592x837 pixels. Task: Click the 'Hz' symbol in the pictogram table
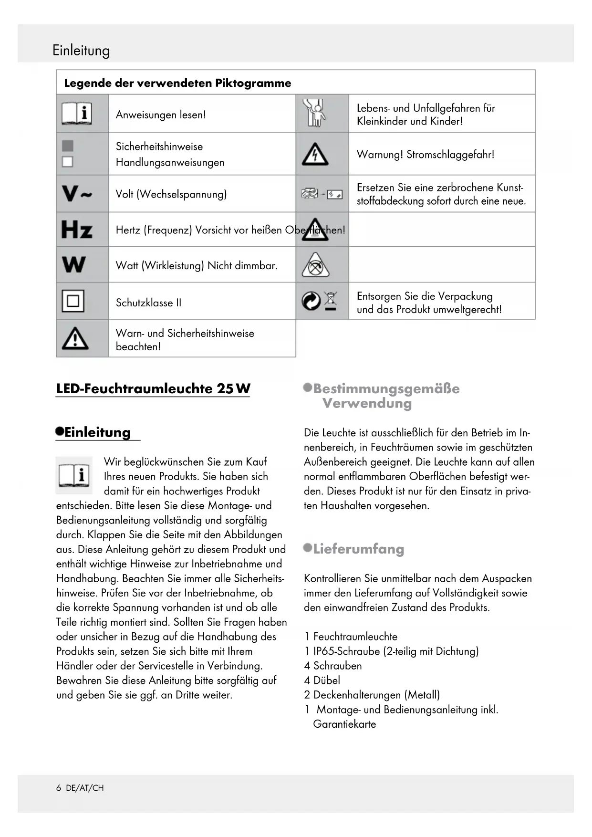coord(77,230)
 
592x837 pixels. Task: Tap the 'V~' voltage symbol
coord(77,194)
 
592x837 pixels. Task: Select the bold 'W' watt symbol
coord(74,265)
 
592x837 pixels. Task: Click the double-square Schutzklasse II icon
coord(73,301)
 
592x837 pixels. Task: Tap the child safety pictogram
coord(315,113)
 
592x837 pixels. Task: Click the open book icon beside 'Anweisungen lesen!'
coord(77,114)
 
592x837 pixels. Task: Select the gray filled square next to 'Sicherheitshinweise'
coord(68,146)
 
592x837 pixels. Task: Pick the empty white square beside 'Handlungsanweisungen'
coord(68,162)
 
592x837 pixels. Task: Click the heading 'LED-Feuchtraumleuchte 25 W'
coord(153,388)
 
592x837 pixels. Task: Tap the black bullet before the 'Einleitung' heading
coord(60,431)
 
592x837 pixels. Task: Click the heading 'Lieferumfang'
coord(358,549)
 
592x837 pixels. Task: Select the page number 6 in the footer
coord(59,788)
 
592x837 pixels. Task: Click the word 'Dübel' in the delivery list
coord(327,680)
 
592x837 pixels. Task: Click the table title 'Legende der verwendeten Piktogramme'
coord(177,83)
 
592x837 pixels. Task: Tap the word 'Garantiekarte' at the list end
coord(344,724)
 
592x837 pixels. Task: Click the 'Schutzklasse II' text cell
coord(149,303)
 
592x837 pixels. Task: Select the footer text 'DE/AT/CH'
coord(85,788)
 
